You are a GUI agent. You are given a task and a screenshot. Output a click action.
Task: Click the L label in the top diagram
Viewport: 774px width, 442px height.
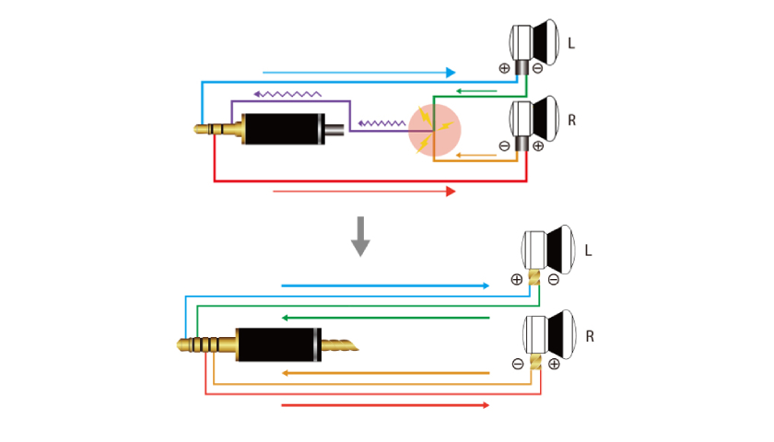(x=571, y=43)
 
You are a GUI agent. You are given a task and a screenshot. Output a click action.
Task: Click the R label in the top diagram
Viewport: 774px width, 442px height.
(x=571, y=120)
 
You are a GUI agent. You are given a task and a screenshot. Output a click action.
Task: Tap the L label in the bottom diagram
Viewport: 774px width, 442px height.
(x=588, y=250)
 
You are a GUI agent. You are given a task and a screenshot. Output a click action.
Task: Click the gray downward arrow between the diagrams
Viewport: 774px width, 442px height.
(x=360, y=236)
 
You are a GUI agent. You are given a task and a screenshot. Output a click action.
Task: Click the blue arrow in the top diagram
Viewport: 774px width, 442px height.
(x=359, y=72)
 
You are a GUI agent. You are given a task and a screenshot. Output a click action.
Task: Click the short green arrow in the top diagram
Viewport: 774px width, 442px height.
(x=479, y=91)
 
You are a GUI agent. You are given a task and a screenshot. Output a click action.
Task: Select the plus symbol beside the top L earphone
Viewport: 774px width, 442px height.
(x=504, y=67)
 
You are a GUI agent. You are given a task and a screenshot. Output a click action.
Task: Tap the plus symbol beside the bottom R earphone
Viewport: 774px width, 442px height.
(x=554, y=364)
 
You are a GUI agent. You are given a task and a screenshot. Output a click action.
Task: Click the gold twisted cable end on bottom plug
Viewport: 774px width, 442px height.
(x=338, y=346)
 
